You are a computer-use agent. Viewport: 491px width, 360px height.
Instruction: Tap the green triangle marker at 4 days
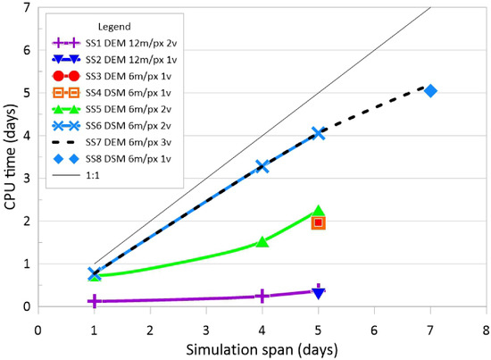262,242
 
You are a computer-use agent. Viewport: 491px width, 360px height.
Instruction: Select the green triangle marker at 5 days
318,211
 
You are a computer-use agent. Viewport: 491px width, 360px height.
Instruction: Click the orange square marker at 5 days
318,222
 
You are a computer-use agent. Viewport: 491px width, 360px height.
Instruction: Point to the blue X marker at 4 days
262,166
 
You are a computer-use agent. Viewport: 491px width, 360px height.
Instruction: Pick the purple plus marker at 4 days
262,296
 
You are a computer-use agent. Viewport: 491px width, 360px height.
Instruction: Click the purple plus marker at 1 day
94,302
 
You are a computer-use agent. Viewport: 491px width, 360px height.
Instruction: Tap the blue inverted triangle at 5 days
319,293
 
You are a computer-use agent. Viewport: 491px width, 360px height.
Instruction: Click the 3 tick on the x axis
206,328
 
